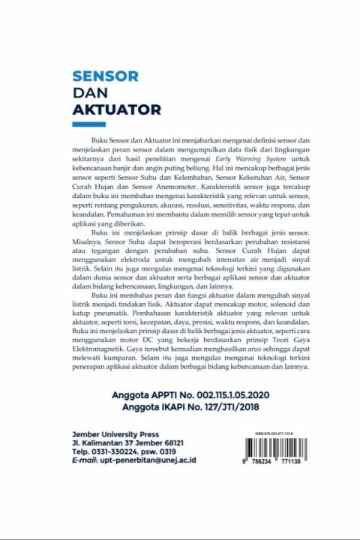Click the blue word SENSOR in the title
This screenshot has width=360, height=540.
[x=105, y=76]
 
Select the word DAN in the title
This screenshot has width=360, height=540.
[x=88, y=93]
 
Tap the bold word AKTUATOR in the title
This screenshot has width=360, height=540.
[x=116, y=110]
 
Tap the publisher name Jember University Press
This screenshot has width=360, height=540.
[x=115, y=433]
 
